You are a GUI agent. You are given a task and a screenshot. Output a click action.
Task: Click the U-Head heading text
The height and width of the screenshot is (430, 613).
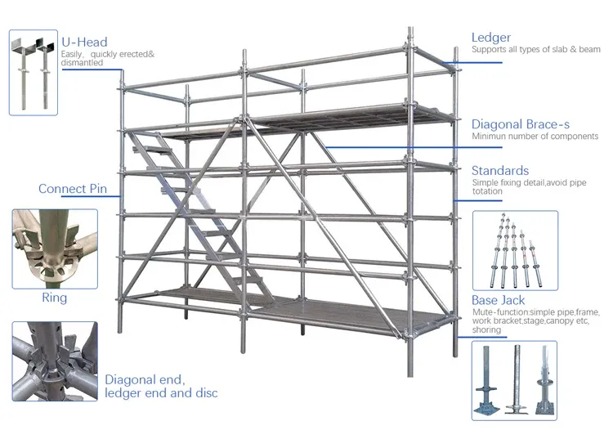[x=84, y=43]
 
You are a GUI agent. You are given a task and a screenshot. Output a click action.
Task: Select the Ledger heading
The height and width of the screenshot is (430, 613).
[x=491, y=38]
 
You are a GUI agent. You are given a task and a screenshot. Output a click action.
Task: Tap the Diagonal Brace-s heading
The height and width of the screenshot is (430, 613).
[x=520, y=124]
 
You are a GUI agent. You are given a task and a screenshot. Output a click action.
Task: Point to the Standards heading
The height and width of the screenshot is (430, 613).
[x=500, y=170]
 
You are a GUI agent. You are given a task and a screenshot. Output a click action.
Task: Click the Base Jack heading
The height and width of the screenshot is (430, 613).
[x=499, y=301]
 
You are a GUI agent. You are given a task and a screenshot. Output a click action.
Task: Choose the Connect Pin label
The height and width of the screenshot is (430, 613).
[x=73, y=189]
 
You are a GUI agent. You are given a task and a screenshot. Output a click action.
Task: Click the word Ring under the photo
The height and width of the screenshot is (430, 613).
[x=54, y=298]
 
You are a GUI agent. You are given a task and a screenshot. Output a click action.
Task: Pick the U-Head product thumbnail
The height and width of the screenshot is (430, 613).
[x=33, y=72]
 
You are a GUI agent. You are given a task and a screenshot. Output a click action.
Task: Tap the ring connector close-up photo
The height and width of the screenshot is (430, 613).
[x=54, y=247]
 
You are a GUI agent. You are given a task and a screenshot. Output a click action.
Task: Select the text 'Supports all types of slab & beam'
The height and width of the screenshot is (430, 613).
[x=535, y=50]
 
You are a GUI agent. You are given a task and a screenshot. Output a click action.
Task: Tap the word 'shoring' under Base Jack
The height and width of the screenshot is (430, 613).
[x=488, y=330]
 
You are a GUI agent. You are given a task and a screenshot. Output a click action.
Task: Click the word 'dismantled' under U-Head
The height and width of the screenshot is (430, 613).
[x=83, y=63]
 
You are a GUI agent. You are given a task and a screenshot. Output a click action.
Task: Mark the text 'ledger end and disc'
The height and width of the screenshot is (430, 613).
[x=161, y=393]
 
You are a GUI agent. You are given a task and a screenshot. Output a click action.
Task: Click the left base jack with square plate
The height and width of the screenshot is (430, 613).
[x=489, y=381]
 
